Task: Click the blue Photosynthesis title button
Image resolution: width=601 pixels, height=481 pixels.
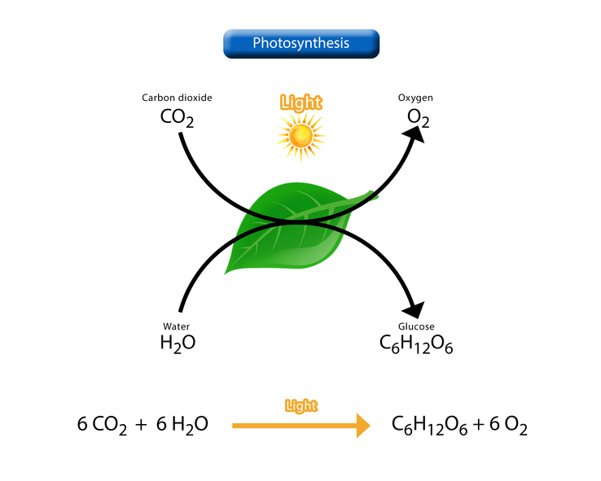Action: pyautogui.click(x=301, y=44)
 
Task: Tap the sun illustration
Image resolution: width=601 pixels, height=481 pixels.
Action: pyautogui.click(x=300, y=136)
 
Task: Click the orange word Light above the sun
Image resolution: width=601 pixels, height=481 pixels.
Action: pyautogui.click(x=300, y=103)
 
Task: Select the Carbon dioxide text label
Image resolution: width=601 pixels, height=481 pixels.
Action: pyautogui.click(x=177, y=98)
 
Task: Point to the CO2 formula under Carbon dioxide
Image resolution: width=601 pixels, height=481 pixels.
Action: pyautogui.click(x=177, y=117)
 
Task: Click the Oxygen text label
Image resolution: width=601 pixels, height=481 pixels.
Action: pyautogui.click(x=415, y=98)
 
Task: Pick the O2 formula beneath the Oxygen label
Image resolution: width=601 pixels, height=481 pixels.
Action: pyautogui.click(x=418, y=117)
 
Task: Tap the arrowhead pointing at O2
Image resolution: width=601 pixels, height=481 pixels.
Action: pyautogui.click(x=415, y=134)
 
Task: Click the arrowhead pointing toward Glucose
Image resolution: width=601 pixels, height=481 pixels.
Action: pyautogui.click(x=415, y=309)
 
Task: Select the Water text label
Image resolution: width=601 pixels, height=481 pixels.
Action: pyautogui.click(x=177, y=326)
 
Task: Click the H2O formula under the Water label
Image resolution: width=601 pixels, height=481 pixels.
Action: pyautogui.click(x=178, y=343)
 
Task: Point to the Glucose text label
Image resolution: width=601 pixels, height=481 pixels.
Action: pyautogui.click(x=416, y=326)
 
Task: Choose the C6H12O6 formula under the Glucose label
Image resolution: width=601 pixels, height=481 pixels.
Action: pyautogui.click(x=416, y=344)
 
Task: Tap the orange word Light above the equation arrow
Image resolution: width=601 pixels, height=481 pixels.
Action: pyautogui.click(x=301, y=405)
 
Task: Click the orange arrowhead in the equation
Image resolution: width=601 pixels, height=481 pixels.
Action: pyautogui.click(x=363, y=426)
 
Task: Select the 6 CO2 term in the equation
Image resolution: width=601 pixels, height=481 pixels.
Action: pyautogui.click(x=102, y=425)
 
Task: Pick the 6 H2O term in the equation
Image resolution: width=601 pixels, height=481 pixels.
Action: pyautogui.click(x=182, y=425)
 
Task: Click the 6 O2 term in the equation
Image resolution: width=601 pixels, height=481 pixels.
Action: pyautogui.click(x=508, y=425)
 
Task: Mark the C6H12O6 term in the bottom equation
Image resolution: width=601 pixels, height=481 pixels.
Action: pyautogui.click(x=430, y=425)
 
